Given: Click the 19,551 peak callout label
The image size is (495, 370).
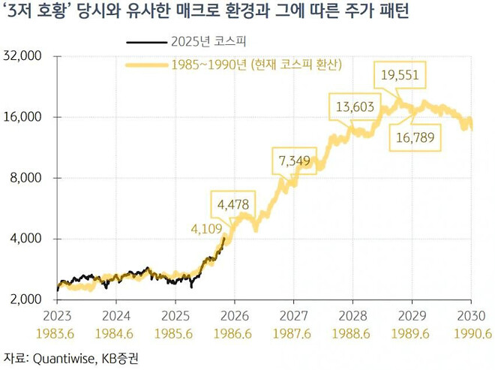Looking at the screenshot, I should point(400,74).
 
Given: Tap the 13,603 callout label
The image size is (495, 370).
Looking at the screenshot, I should point(355,107).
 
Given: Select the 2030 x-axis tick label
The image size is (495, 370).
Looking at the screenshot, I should point(471,315).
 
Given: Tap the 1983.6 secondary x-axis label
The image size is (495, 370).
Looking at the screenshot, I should point(58,332).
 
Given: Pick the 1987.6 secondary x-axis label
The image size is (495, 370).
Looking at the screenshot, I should point(294,332).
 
